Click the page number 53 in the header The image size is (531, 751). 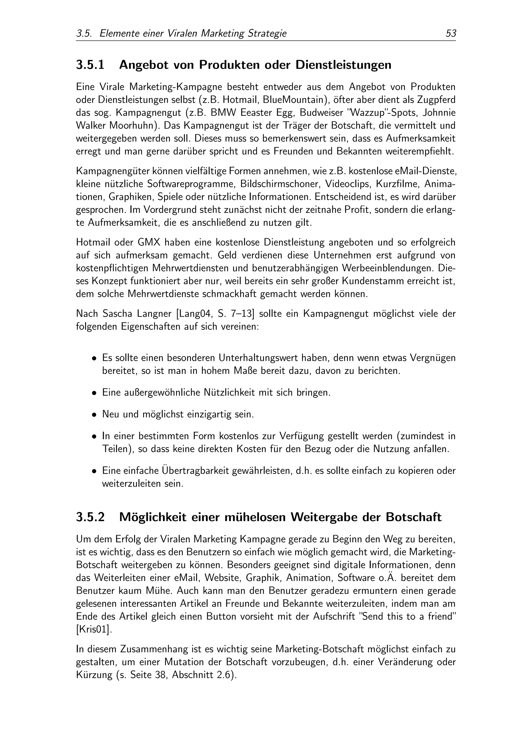451,33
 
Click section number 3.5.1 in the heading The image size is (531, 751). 90,65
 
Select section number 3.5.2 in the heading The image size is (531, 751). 90,517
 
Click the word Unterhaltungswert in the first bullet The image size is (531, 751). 258,358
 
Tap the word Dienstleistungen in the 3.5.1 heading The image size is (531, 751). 343,65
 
